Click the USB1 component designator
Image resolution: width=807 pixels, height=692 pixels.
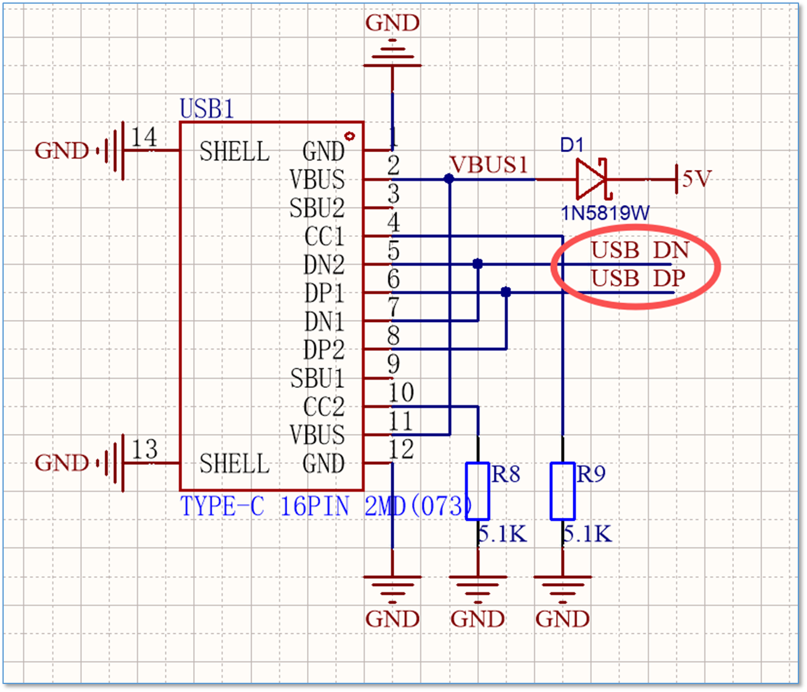point(207,108)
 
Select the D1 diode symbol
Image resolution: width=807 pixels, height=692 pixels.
point(592,179)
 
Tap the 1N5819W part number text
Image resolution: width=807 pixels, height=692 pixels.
point(605,213)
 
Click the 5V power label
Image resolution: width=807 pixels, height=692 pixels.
point(697,179)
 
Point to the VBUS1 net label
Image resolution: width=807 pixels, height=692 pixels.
point(489,164)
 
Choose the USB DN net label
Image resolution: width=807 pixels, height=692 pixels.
point(640,250)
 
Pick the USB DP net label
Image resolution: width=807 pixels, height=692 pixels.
point(638,278)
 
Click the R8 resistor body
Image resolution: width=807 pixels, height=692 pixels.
point(477,491)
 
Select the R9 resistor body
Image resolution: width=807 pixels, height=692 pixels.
point(563,491)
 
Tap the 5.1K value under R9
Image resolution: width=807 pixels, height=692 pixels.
point(587,534)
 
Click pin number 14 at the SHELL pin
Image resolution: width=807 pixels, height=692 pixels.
point(144,137)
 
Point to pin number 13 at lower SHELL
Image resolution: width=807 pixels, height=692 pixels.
point(145,449)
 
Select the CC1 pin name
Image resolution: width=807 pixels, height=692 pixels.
point(324,236)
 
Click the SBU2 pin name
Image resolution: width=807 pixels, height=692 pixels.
point(317,207)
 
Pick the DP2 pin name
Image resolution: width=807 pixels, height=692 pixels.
point(324,349)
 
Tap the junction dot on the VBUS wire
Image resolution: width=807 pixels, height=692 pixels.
point(449,179)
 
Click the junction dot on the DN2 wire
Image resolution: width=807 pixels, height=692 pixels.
point(477,264)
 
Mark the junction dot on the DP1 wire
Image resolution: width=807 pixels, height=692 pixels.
point(506,292)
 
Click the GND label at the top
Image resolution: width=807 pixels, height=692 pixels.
point(392,23)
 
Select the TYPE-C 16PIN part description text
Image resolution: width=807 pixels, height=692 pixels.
point(264,507)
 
